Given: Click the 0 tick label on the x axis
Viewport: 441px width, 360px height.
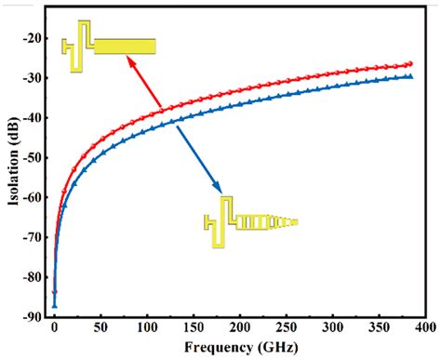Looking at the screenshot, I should click(x=54, y=330).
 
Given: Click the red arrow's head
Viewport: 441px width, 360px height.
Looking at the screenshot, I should click(x=128, y=60).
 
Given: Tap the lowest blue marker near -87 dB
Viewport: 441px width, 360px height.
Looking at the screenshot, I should click(x=54, y=304).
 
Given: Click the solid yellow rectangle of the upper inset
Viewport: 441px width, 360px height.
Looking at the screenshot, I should click(x=125, y=46).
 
